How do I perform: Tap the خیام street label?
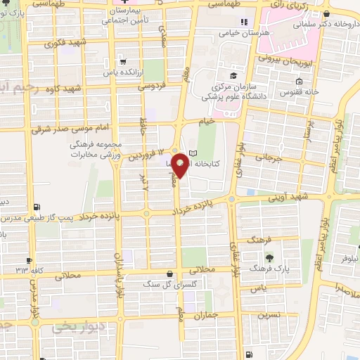[x=207, y=121]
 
